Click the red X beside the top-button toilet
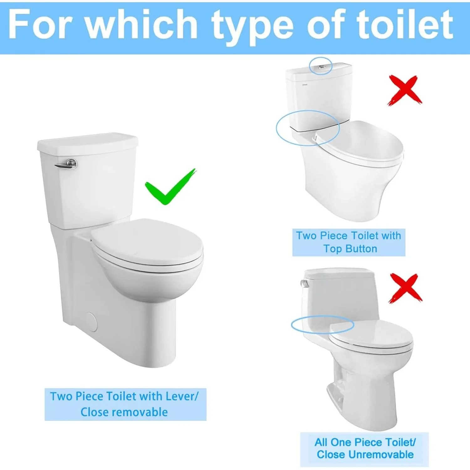[x=404, y=90]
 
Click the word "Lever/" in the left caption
[x=182, y=396]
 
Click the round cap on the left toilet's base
[x=91, y=322]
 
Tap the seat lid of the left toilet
[x=147, y=241]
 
